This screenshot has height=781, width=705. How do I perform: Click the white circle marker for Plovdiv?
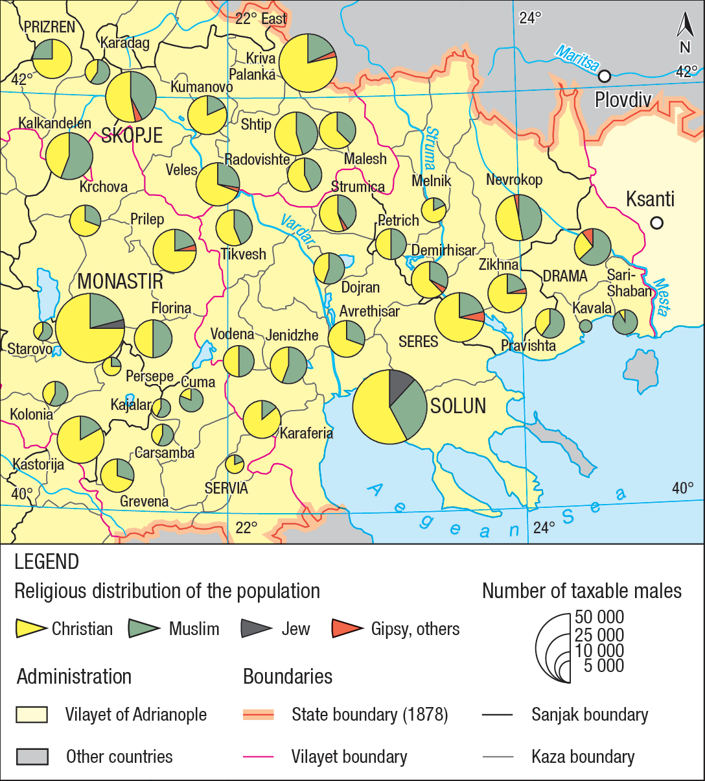pyautogui.click(x=604, y=77)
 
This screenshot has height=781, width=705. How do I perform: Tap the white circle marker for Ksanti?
pyautogui.click(x=656, y=222)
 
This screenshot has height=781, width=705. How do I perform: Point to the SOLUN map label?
pyautogui.click(x=458, y=407)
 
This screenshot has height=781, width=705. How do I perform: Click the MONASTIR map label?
pyautogui.click(x=120, y=282)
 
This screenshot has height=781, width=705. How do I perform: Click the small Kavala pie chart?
pyautogui.click(x=585, y=326)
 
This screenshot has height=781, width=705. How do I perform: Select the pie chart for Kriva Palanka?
pyautogui.click(x=308, y=63)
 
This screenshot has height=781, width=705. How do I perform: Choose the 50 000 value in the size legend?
pyautogui.click(x=599, y=617)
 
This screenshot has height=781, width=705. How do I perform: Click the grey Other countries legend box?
pyautogui.click(x=32, y=756)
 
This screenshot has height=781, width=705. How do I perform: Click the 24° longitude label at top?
pyautogui.click(x=529, y=18)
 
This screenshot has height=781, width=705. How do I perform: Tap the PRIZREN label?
pyautogui.click(x=49, y=27)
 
